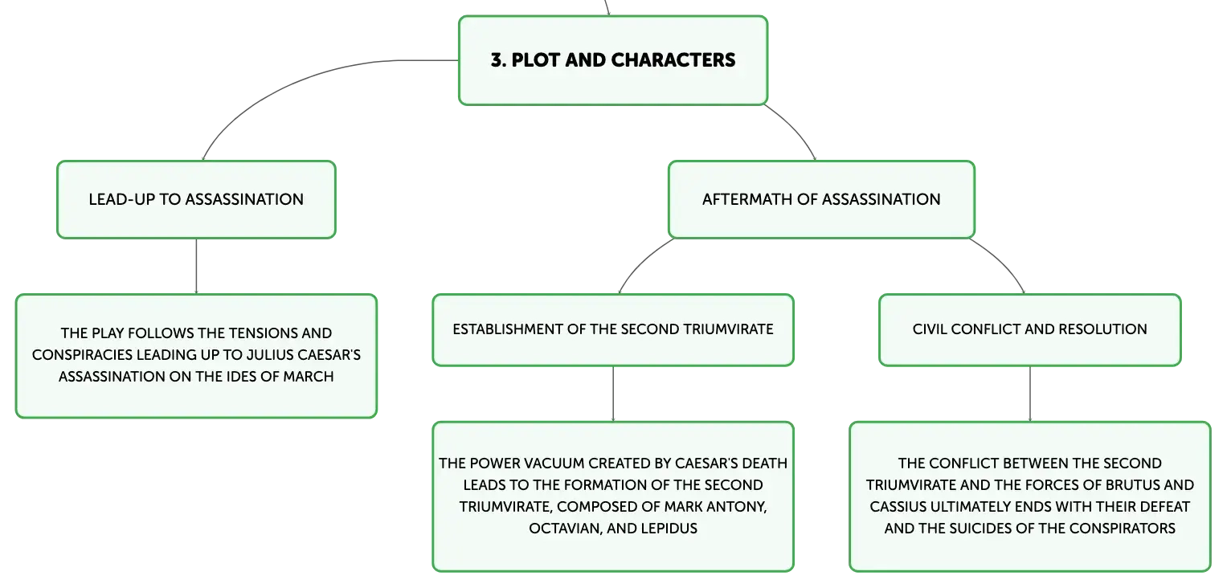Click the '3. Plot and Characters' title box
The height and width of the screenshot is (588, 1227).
pyautogui.click(x=613, y=60)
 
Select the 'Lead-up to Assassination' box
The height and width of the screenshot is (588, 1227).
pyautogui.click(x=196, y=199)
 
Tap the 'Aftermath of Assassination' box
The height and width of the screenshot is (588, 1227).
pyautogui.click(x=822, y=199)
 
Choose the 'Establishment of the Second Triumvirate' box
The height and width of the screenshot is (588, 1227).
pyautogui.click(x=613, y=329)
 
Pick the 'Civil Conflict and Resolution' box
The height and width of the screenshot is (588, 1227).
pyautogui.click(x=1030, y=329)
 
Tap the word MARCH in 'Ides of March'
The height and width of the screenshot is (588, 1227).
pyautogui.click(x=308, y=377)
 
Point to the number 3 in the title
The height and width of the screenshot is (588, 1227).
pyautogui.click(x=497, y=60)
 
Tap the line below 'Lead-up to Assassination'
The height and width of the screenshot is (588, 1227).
pyautogui.click(x=196, y=266)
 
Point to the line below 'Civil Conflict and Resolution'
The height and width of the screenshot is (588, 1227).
pyautogui.click(x=1030, y=394)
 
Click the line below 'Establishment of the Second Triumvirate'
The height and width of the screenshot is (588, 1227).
pyautogui.click(x=613, y=394)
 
